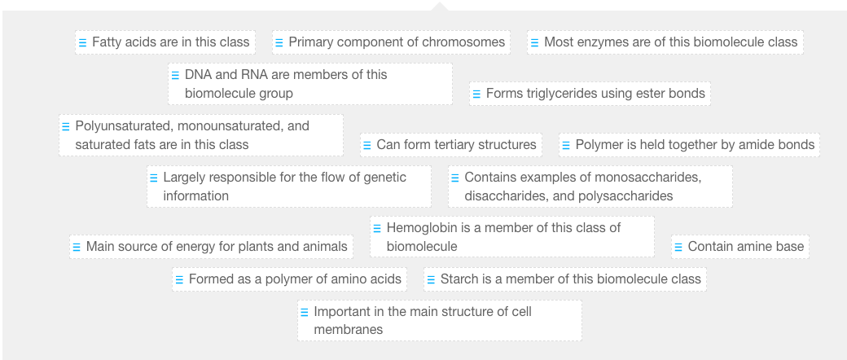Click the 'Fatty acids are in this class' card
click(165, 42)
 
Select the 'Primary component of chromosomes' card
click(391, 42)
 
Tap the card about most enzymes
click(665, 42)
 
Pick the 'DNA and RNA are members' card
click(309, 84)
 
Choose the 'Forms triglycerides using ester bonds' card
click(590, 94)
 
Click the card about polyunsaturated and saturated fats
click(200, 135)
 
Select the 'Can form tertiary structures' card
click(451, 145)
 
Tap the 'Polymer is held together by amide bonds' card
click(689, 145)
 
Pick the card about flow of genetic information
click(288, 187)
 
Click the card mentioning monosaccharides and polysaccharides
click(590, 187)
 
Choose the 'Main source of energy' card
click(211, 247)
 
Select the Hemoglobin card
click(511, 237)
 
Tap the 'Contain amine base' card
click(739, 247)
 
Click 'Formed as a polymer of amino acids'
click(288, 279)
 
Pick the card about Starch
click(564, 279)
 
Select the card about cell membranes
click(439, 321)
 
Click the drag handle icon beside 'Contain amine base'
click(678, 247)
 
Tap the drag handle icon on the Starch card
click(430, 279)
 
